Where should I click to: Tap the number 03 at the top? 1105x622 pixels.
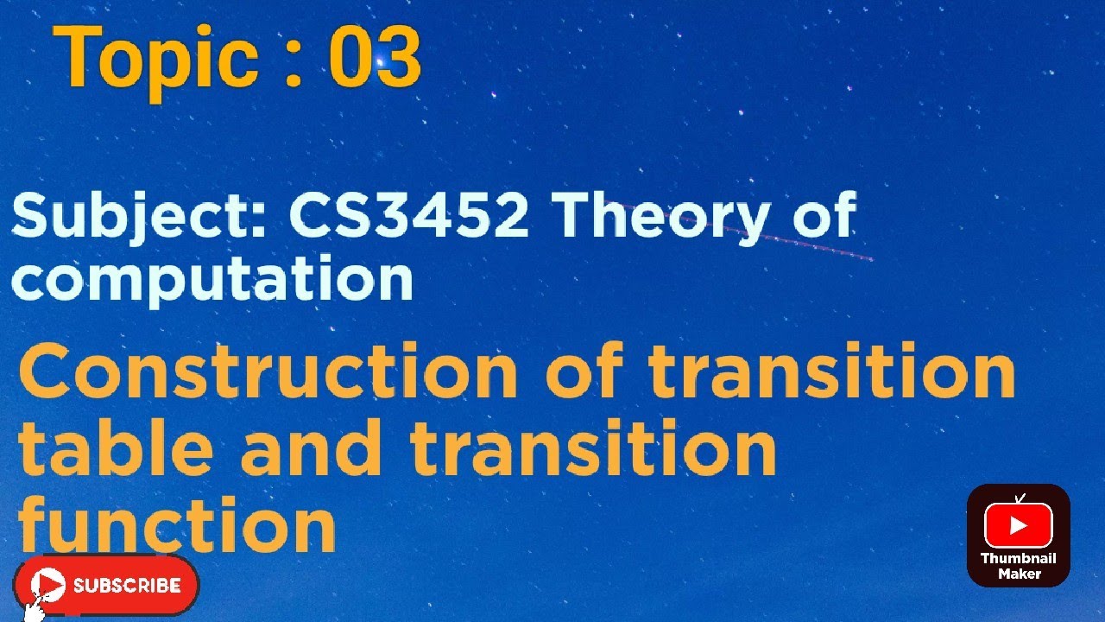[375, 59]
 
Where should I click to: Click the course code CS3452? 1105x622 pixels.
[408, 215]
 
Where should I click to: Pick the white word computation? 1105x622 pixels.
[212, 279]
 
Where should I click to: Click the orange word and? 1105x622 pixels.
[311, 449]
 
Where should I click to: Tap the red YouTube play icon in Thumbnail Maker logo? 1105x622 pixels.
[1018, 525]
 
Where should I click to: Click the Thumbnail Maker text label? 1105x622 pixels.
[1019, 566]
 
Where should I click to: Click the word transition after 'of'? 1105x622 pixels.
[831, 372]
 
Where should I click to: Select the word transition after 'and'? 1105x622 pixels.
[593, 449]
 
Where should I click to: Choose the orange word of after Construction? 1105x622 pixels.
[588, 372]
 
